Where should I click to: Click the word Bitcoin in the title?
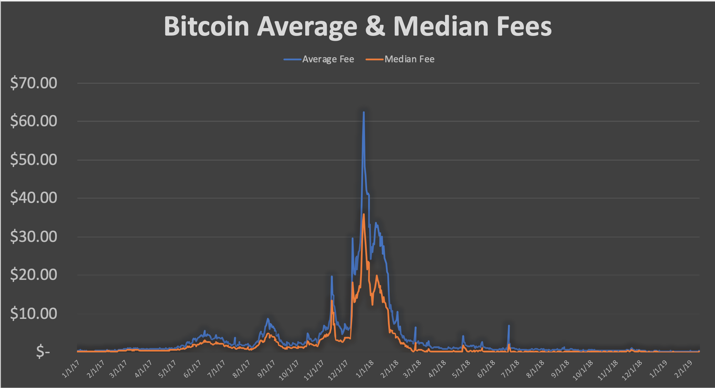tap(206, 26)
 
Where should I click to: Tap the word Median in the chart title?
tap(441, 26)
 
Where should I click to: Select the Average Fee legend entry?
tap(319, 59)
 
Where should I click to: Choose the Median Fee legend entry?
tap(400, 59)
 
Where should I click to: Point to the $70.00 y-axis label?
tap(34, 83)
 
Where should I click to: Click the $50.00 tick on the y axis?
tap(34, 160)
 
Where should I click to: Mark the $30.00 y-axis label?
tap(34, 237)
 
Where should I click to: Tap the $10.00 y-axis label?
tap(34, 313)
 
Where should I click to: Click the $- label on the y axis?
tap(43, 352)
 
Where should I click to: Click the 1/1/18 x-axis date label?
tap(365, 369)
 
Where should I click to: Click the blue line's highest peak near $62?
tap(364, 112)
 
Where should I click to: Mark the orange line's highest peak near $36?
tap(364, 214)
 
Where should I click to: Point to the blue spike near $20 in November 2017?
tap(331, 276)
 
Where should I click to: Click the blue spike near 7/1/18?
tap(509, 326)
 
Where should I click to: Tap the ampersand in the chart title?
tap(375, 26)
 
